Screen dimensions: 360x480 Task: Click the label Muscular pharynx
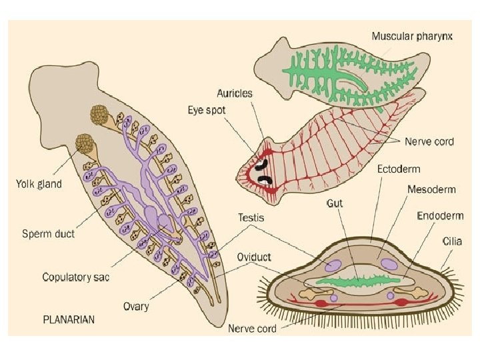point(412,37)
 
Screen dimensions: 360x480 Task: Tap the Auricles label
point(234,93)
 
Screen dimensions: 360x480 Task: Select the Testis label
point(251,217)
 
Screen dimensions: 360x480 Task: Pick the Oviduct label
point(254,257)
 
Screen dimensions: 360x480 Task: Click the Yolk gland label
point(39,184)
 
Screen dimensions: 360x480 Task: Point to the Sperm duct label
point(48,234)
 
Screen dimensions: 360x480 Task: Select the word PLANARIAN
point(69,319)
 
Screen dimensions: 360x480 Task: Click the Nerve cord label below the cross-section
point(252,329)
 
